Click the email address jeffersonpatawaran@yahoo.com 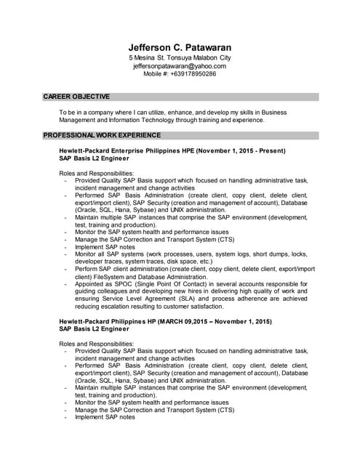pos(180,65)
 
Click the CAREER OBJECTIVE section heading pos(76,97)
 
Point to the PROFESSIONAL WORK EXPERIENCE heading pos(102,135)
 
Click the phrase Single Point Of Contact pos(177,285)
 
